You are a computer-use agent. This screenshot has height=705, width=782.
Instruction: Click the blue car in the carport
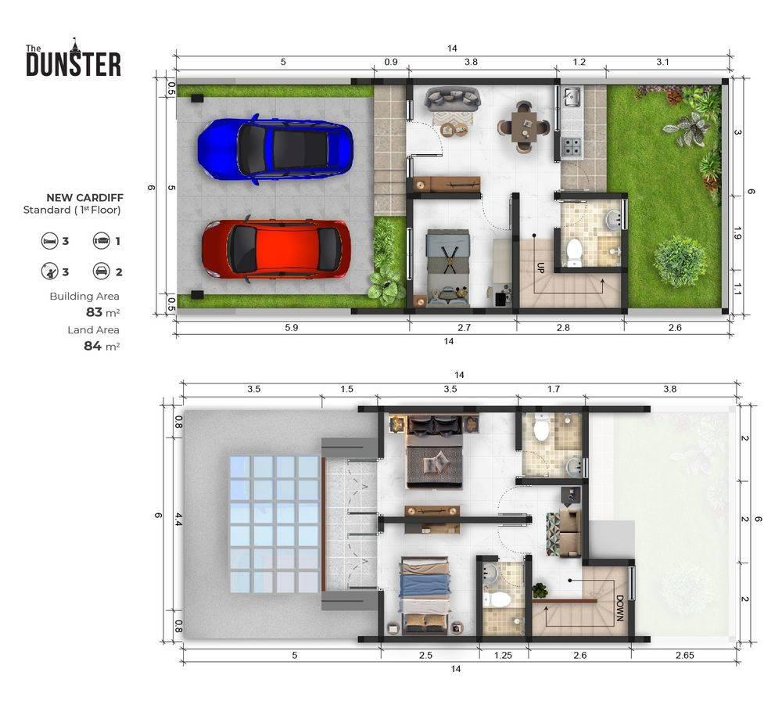(x=275, y=149)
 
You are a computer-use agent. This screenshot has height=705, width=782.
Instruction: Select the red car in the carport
(x=276, y=250)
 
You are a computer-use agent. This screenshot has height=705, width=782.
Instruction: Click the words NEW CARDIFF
(x=84, y=198)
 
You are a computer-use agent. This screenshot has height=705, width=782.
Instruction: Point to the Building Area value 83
(x=94, y=312)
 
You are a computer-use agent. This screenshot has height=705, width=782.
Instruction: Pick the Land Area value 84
(x=93, y=346)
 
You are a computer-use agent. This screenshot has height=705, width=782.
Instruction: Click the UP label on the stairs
(x=540, y=268)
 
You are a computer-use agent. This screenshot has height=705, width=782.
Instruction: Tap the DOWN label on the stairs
(x=619, y=608)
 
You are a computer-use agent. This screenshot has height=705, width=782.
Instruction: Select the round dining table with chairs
(x=524, y=126)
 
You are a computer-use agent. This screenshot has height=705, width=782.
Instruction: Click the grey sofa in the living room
(x=452, y=99)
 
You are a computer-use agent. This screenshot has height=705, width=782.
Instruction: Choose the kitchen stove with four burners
(x=572, y=146)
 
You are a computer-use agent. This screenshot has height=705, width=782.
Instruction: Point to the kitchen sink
(x=572, y=97)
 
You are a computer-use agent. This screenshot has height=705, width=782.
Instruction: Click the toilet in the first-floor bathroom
(x=575, y=252)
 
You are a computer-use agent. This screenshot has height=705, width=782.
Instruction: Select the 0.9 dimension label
(x=391, y=62)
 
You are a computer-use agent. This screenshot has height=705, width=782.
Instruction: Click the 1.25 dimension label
(x=503, y=655)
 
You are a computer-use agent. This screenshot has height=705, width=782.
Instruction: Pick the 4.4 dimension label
(x=178, y=519)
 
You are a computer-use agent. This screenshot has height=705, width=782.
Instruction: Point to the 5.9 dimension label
(x=291, y=327)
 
